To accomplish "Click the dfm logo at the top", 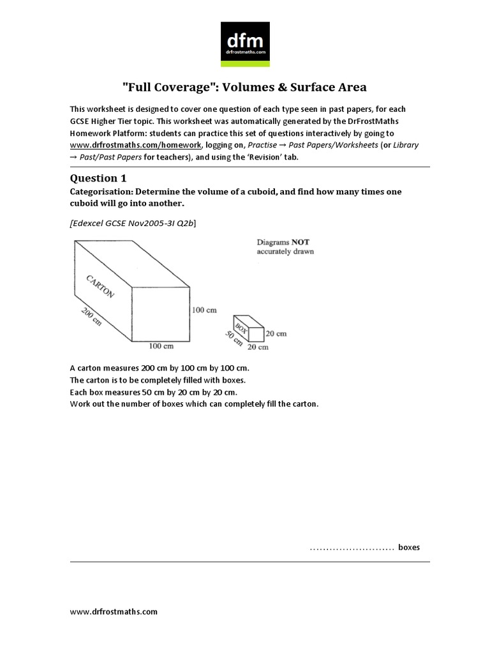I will [x=245, y=44].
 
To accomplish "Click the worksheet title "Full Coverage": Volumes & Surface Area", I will [x=244, y=87].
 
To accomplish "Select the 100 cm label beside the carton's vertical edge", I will [x=204, y=310].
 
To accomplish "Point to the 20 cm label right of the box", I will [x=276, y=333].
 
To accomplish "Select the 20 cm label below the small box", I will [x=258, y=347].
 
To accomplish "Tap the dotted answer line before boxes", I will [x=351, y=548].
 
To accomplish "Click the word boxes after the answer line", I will [x=409, y=547].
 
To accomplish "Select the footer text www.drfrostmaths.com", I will [x=113, y=611].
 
